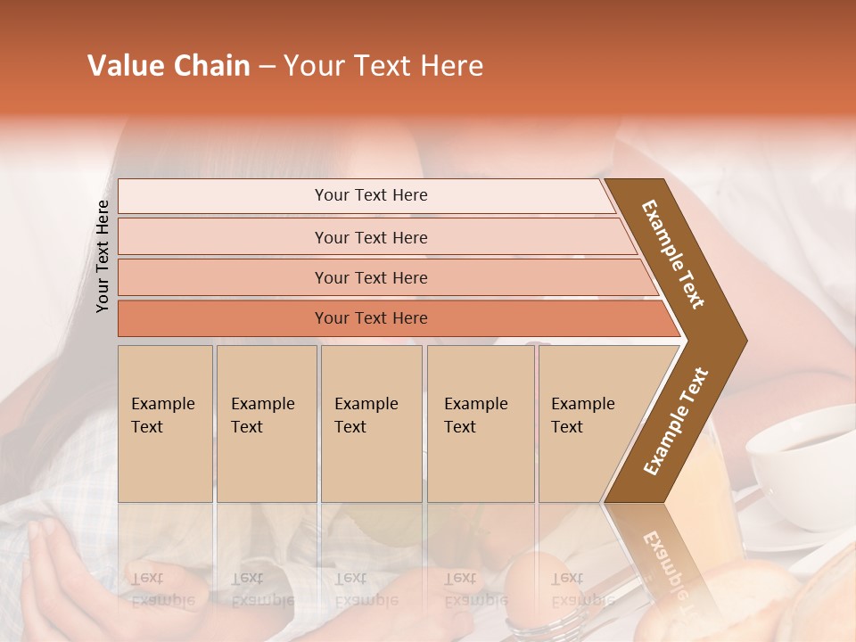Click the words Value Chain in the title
coord(169,66)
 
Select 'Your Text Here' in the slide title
coord(383,66)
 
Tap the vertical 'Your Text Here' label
coord(103,256)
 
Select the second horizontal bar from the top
coord(371,237)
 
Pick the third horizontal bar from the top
coord(371,277)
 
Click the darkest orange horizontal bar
coord(371,318)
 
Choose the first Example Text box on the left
coord(165,424)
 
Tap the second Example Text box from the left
coord(266,424)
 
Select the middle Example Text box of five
coord(371,424)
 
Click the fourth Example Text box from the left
coord(480,424)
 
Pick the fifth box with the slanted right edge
coord(588,424)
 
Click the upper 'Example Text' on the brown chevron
coord(674,255)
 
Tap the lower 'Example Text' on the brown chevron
coord(676,422)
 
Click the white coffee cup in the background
coord(798,455)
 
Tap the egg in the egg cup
coord(532,575)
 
